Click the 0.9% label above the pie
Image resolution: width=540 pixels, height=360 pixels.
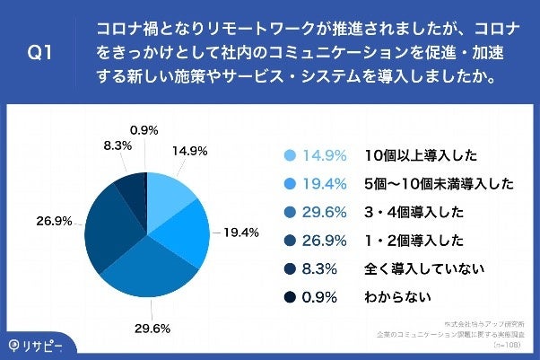pyautogui.click(x=145, y=128)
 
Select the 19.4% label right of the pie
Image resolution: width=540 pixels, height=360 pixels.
pyautogui.click(x=240, y=233)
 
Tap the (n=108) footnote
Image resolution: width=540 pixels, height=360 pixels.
pyautogui.click(x=513, y=342)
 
